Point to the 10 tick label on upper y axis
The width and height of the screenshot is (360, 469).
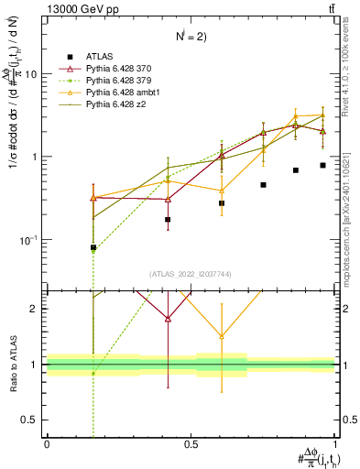[x=31, y=74]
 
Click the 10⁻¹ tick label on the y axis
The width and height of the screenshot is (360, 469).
[x=29, y=240]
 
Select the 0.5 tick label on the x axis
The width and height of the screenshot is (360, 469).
[x=191, y=444]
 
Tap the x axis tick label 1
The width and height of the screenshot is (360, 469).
[x=334, y=444]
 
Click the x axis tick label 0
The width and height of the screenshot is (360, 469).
[x=47, y=444]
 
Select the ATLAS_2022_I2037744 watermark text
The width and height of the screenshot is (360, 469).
[x=191, y=274]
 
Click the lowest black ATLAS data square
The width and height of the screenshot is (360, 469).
[x=93, y=247]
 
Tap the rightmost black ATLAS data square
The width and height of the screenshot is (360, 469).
[x=322, y=165]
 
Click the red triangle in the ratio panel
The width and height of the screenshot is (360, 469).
[x=168, y=318]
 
